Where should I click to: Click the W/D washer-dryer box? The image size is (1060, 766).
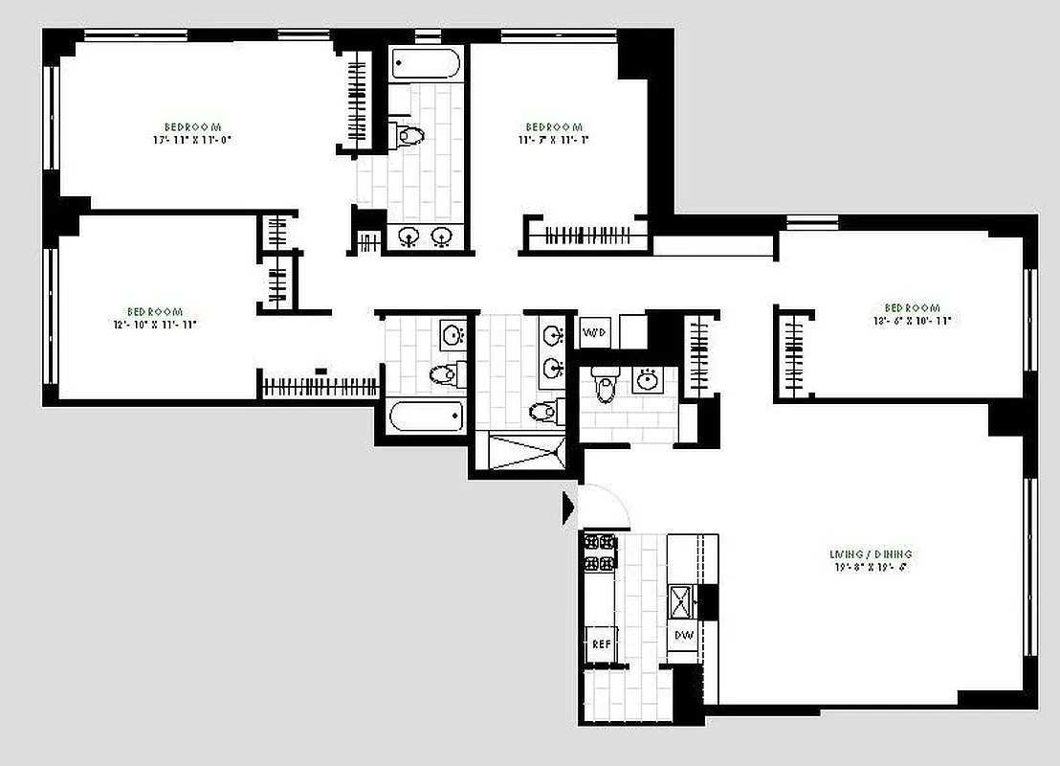(x=594, y=332)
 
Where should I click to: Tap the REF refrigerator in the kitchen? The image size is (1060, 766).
(x=601, y=644)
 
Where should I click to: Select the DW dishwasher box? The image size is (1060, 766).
(x=683, y=635)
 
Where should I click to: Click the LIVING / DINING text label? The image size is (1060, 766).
(x=870, y=554)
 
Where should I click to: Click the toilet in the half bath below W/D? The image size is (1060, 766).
(x=604, y=386)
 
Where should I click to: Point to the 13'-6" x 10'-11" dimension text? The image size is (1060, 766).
(x=911, y=321)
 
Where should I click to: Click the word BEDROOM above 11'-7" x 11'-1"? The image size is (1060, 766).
(x=554, y=127)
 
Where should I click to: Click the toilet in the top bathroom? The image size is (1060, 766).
(x=409, y=134)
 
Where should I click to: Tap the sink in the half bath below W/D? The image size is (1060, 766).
(x=649, y=380)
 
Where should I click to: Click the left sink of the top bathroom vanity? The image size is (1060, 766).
(x=409, y=237)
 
